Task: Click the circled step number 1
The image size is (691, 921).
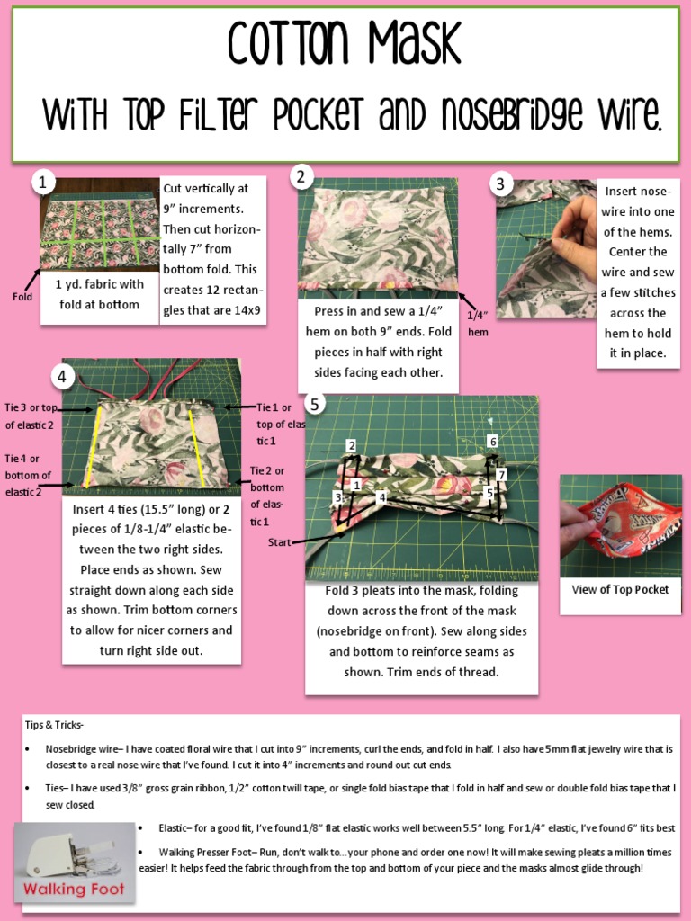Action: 42,183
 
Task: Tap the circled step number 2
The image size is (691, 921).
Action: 301,176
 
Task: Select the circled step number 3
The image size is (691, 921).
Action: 500,183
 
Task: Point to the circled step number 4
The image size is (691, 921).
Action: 62,377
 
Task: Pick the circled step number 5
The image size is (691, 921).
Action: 315,404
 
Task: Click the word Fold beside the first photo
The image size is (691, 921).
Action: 22,297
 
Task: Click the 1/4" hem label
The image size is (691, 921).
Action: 478,324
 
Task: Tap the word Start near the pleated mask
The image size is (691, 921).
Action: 279,542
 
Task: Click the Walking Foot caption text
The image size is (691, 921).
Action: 74,889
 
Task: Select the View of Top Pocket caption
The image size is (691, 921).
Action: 620,590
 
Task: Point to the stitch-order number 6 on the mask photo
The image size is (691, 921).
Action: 492,441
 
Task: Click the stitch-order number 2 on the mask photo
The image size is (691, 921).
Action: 352,445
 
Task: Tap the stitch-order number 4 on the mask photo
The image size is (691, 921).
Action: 381,497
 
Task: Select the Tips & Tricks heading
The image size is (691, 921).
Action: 53,725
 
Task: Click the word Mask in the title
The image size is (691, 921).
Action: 414,42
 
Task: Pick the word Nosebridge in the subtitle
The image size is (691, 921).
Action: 512,113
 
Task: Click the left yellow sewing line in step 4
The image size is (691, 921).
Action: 94,446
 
